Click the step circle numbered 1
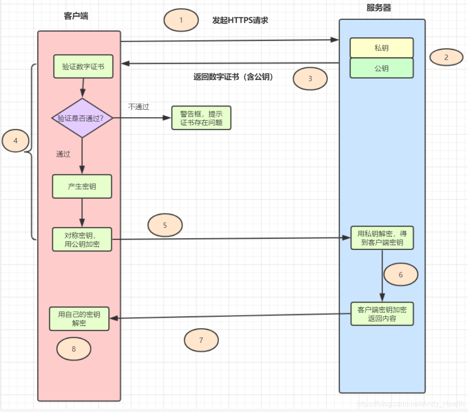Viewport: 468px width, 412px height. pos(181,20)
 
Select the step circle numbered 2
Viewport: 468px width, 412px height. pos(446,58)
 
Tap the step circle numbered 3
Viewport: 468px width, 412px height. pos(310,78)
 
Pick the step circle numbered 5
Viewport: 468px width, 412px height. pos(165,226)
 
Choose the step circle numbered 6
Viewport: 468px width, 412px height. pos(400,275)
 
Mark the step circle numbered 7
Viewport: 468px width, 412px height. pos(201,340)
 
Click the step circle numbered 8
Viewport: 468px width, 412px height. pos(73,349)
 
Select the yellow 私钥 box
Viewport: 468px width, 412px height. pos(381,48)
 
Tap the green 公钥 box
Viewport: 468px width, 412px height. pos(381,68)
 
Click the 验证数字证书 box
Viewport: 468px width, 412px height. pos(83,67)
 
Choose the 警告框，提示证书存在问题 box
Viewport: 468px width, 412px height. pos(201,118)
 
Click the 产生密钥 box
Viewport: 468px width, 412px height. pos(82,186)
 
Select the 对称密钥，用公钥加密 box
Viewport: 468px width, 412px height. pos(82,240)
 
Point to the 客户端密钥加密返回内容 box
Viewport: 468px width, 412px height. pos(382,314)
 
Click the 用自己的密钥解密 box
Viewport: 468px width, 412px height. pos(79,319)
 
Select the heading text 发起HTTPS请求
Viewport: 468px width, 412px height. pos(240,20)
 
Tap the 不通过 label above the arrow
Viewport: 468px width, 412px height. pos(138,107)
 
